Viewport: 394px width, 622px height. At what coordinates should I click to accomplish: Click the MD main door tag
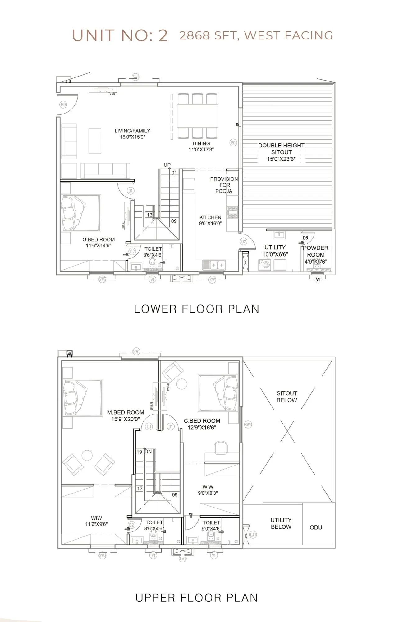(63, 105)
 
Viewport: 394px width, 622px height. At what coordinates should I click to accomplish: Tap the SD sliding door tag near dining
(233, 143)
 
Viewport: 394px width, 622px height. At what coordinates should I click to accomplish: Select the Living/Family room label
(132, 134)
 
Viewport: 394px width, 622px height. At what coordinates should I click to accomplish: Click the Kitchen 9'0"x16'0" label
(210, 220)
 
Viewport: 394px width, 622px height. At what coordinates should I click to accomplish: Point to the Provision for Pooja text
(224, 185)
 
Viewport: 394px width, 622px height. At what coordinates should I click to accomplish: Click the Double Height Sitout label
(281, 152)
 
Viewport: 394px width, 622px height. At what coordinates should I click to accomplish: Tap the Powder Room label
(316, 254)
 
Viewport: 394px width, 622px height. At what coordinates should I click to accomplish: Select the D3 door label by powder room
(305, 238)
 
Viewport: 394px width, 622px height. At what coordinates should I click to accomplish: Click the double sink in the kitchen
(218, 265)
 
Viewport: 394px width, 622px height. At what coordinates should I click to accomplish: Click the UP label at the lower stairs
(167, 165)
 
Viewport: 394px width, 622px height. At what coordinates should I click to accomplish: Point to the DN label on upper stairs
(148, 452)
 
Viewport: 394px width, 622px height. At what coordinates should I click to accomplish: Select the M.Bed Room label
(126, 415)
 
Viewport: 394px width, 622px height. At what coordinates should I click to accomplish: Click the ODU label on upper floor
(316, 527)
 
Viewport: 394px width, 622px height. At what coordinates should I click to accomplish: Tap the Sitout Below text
(287, 397)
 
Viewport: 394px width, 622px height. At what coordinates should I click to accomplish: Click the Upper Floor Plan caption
(197, 598)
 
